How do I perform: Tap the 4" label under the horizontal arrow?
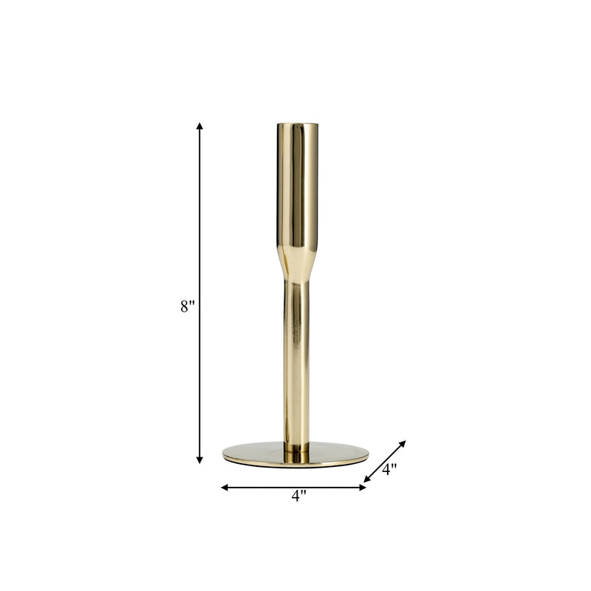click(298, 496)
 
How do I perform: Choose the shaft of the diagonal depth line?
click(384, 462)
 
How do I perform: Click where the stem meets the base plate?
click(295, 447)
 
